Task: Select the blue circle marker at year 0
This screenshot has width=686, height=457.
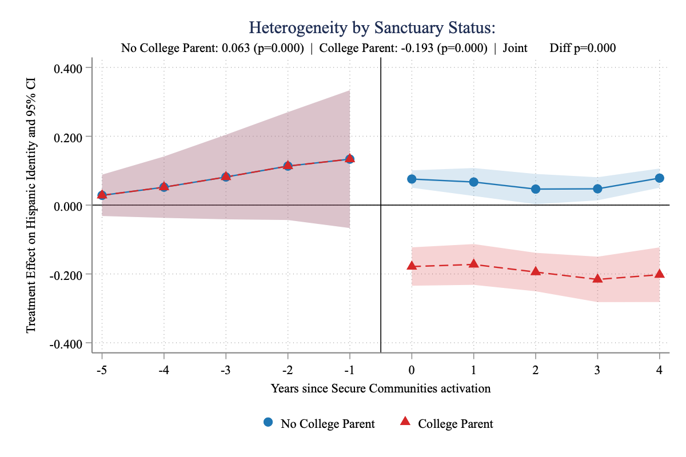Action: (x=412, y=179)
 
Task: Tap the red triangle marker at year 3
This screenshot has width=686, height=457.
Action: (x=598, y=278)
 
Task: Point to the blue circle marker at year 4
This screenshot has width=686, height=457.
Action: (x=659, y=178)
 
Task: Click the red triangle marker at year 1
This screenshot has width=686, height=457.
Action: (x=473, y=263)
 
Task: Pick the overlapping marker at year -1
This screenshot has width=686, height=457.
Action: (x=349, y=159)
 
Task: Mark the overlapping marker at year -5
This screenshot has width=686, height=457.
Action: (x=102, y=195)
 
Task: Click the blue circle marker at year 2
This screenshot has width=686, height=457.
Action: (x=536, y=189)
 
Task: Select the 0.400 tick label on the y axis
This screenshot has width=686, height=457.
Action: (x=68, y=69)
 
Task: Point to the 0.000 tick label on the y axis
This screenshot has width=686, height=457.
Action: (x=68, y=206)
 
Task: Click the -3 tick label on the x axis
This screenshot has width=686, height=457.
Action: (x=225, y=370)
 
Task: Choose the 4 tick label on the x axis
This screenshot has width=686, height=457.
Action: (x=659, y=370)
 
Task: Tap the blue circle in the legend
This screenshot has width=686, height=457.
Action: (x=268, y=423)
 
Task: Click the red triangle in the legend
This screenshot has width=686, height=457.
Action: (x=405, y=422)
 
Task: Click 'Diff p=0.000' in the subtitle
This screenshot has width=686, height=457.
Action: (x=583, y=49)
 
